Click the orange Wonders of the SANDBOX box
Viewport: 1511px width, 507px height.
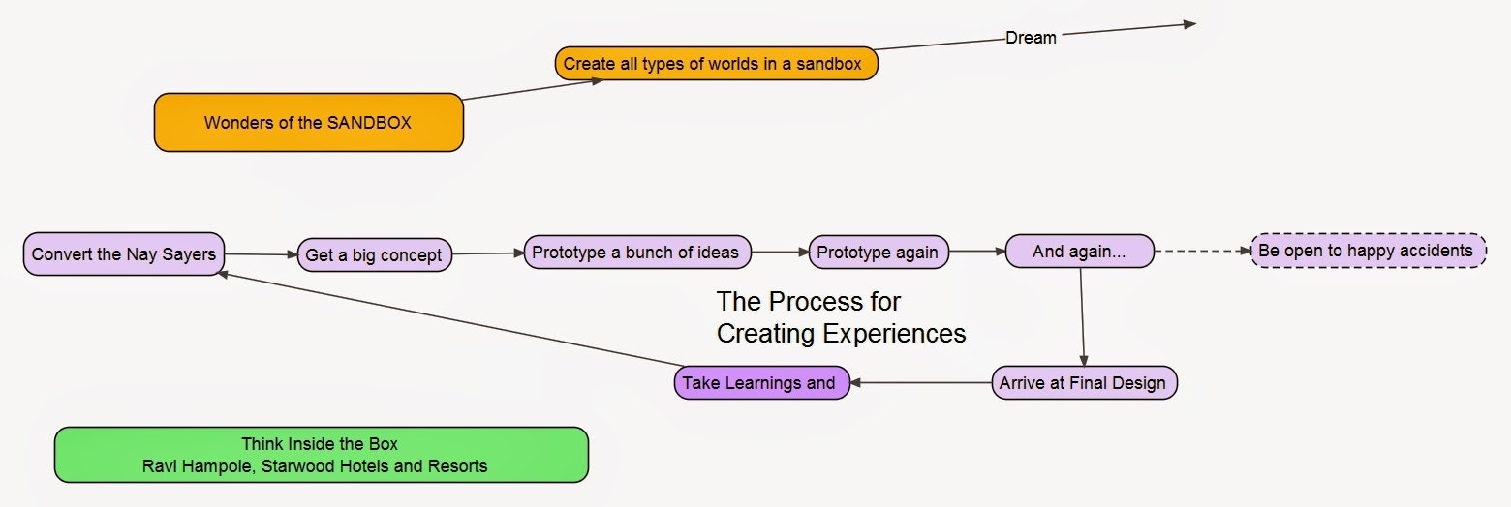coord(309,122)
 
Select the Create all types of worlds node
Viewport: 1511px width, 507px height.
coord(717,64)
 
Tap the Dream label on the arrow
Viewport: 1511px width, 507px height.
coord(1031,38)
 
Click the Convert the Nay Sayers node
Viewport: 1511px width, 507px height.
coord(124,254)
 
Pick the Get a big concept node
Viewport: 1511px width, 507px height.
coord(375,254)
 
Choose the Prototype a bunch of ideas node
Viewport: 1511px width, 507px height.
coord(637,253)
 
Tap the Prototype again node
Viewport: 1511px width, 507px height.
coord(879,253)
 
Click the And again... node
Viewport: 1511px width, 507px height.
coord(1079,252)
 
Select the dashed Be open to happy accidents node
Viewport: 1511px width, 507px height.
coord(1369,251)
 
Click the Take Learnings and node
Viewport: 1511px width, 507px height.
coord(761,383)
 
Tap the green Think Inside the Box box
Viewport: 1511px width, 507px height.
coord(322,455)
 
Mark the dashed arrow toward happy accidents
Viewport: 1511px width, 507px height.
coord(1203,251)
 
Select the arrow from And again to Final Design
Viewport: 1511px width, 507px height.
coord(1082,317)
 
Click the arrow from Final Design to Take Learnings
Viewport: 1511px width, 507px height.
coord(921,383)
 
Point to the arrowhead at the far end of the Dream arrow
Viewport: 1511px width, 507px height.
coord(1189,24)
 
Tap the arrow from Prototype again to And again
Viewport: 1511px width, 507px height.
coord(977,252)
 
